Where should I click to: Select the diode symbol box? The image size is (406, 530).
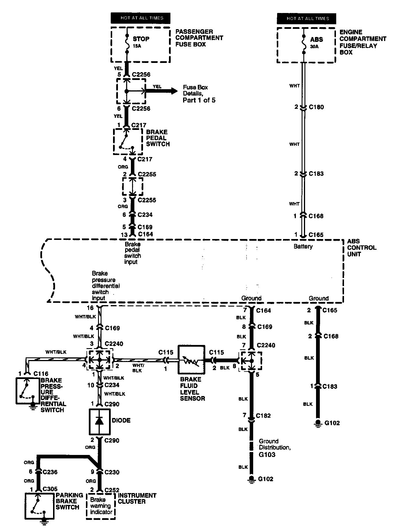coord(99,422)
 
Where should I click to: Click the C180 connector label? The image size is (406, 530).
coord(316,107)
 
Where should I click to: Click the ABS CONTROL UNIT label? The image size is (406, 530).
coord(362,248)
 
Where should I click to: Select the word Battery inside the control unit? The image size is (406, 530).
coord(303,246)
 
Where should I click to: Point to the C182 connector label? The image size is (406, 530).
coord(263,415)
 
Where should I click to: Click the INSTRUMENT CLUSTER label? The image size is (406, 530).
coord(137,498)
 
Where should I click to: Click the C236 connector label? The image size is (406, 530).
coord(50,472)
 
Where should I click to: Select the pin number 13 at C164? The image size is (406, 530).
coord(124,235)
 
